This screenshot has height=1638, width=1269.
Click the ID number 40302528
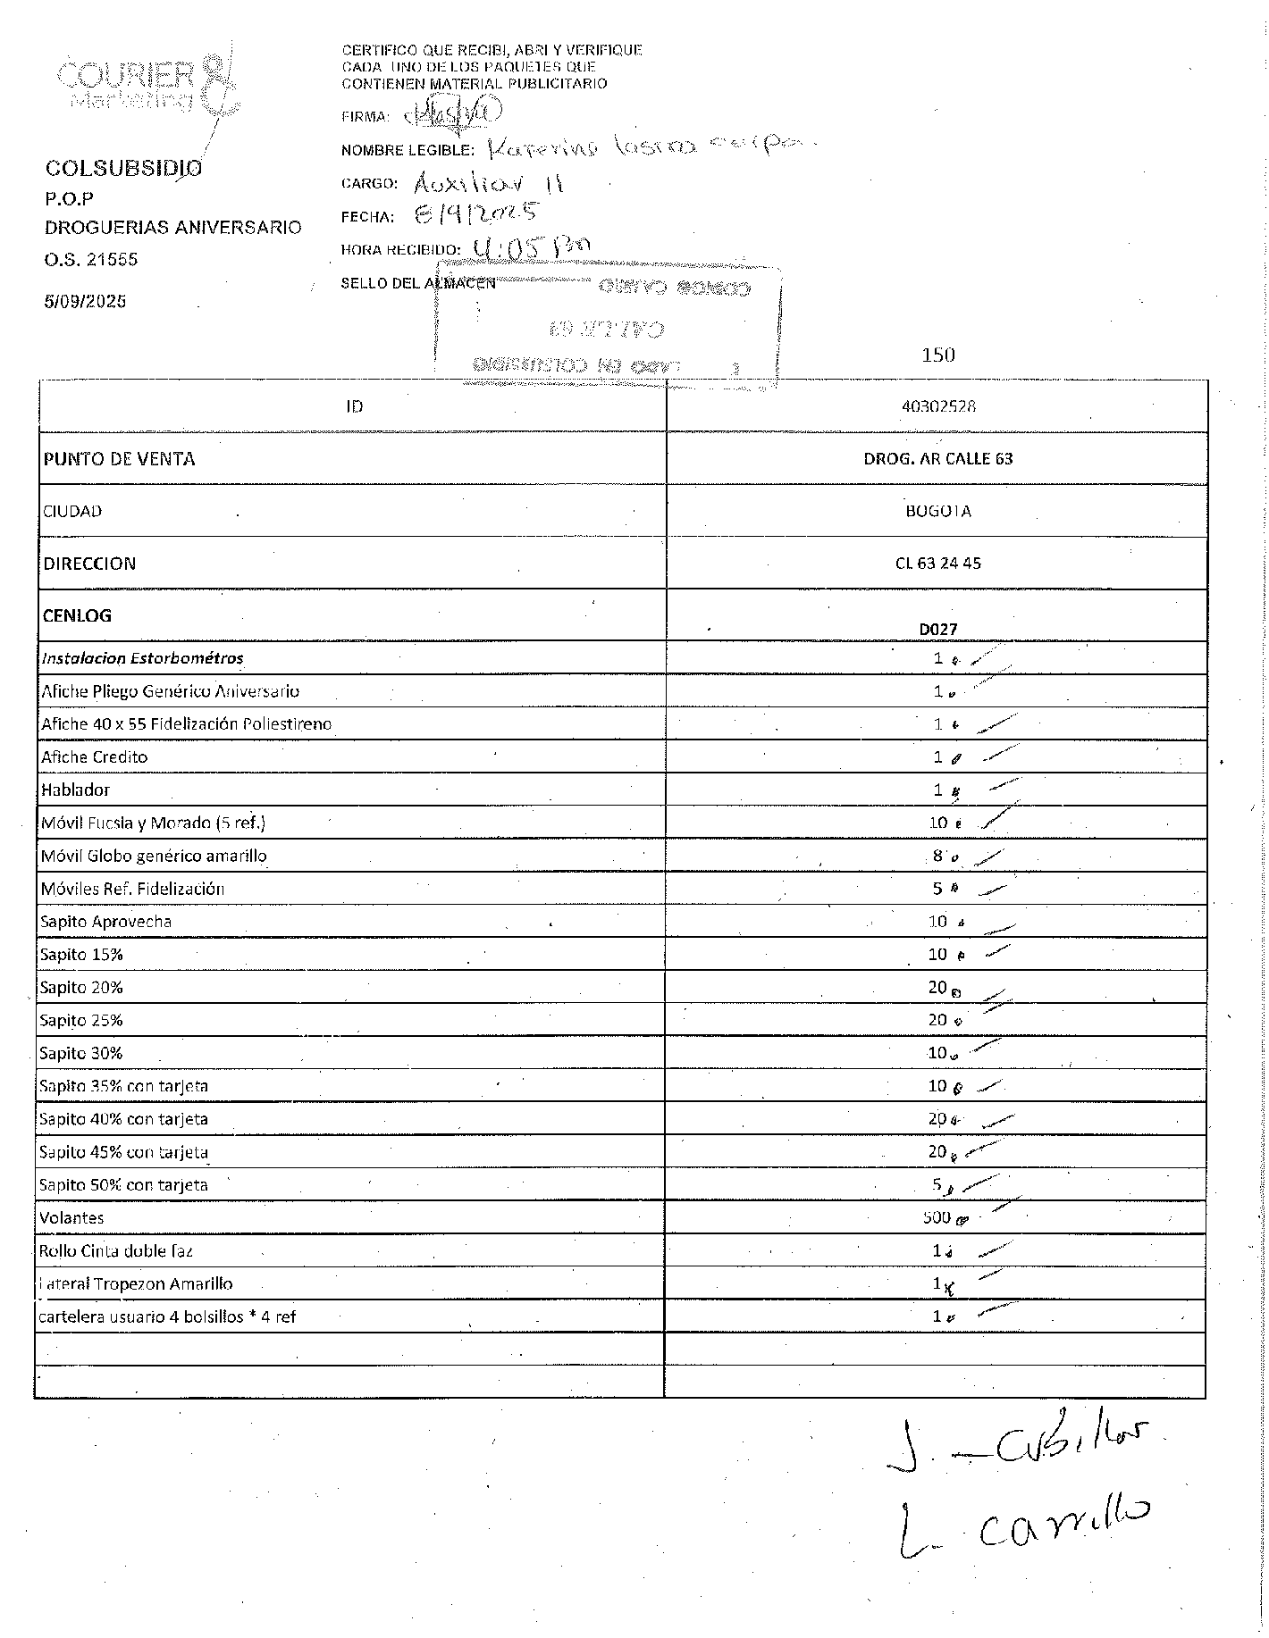coord(938,406)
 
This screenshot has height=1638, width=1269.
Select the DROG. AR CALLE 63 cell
coord(938,459)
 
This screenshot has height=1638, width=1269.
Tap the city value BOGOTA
coord(938,512)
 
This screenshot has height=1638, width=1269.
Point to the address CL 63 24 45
coord(938,564)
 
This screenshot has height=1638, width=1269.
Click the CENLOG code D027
coord(938,629)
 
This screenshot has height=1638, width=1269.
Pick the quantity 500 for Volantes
coord(937,1217)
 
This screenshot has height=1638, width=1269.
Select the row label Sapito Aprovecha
coord(106,922)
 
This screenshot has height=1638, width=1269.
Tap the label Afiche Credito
coord(95,757)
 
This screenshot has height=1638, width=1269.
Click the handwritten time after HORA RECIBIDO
coord(533,247)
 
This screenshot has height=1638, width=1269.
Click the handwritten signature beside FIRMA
coord(456,113)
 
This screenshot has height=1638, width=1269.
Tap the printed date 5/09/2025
coord(86,302)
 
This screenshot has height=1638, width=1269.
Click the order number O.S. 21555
coord(91,260)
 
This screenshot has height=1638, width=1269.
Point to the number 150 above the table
coord(938,355)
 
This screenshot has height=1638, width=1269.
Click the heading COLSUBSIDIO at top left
coord(123,169)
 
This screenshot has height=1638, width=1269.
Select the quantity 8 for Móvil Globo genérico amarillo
coord(937,856)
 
